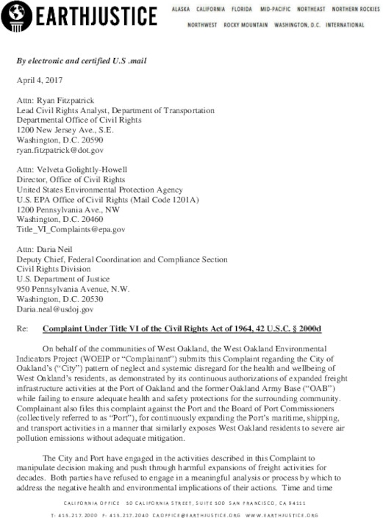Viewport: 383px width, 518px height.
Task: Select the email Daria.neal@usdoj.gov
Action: pos(56,290)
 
